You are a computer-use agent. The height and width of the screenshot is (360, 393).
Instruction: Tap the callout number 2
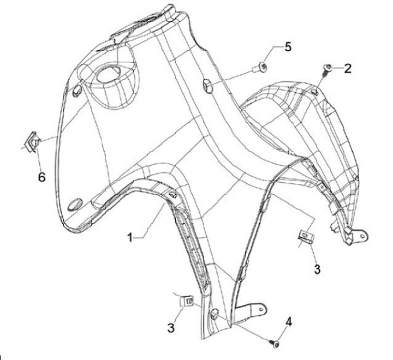(x=347, y=68)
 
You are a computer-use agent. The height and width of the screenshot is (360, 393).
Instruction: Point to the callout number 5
(x=287, y=47)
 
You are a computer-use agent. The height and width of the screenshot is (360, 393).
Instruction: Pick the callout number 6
(x=41, y=177)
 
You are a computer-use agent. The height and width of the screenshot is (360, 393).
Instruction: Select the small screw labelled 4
(x=275, y=344)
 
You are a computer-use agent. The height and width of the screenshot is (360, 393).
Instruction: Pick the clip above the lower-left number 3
(x=189, y=301)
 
